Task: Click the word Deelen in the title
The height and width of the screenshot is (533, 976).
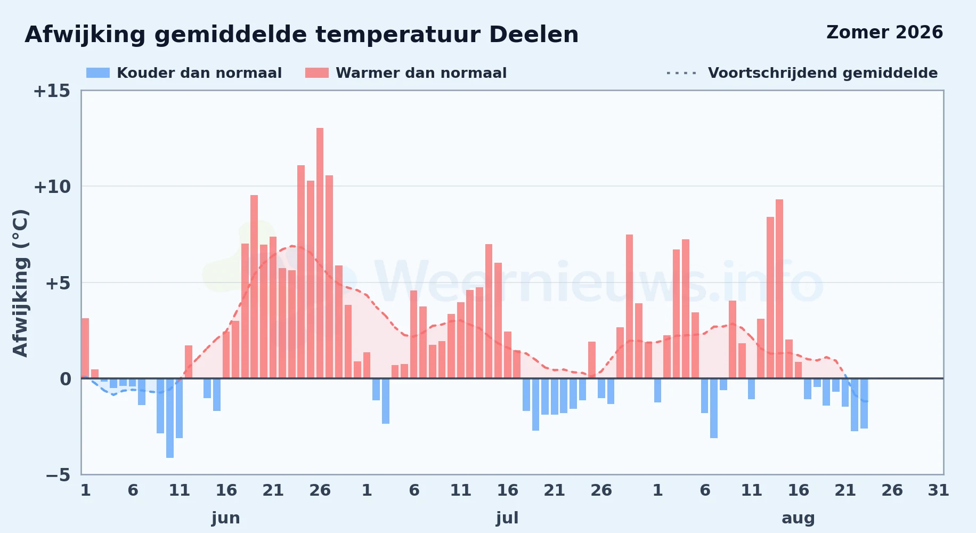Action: (x=533, y=35)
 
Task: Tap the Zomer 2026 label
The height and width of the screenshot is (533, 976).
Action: (x=884, y=33)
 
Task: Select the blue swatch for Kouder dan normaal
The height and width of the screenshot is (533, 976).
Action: (x=98, y=73)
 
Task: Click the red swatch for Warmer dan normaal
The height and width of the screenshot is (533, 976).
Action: (x=317, y=73)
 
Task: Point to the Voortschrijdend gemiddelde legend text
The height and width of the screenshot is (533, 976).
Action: (x=823, y=73)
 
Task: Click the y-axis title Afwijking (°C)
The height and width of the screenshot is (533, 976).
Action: (x=20, y=283)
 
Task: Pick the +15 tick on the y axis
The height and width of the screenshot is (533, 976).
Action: (x=52, y=91)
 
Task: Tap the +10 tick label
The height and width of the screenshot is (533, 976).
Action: (x=52, y=187)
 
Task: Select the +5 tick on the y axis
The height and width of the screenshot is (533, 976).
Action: (x=58, y=283)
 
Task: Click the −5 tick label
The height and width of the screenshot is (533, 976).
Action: (x=58, y=475)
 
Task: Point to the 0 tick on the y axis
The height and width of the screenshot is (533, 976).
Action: (x=65, y=379)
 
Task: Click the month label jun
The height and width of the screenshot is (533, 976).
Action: (x=226, y=518)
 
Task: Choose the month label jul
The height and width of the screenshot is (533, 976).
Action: (x=507, y=518)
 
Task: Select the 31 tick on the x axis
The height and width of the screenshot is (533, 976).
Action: (x=939, y=490)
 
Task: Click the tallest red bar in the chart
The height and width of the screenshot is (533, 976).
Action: (x=320, y=253)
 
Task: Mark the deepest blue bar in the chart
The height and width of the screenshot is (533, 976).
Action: (x=170, y=418)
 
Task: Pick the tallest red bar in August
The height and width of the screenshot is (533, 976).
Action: (x=779, y=289)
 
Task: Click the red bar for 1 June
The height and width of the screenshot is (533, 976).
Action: (x=85, y=348)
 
